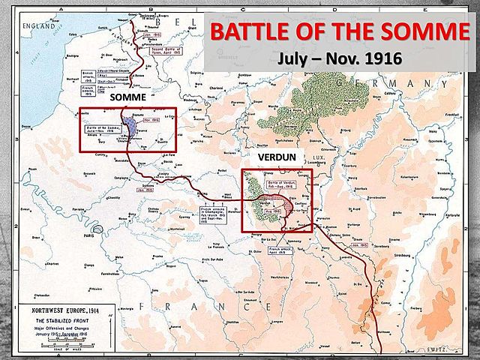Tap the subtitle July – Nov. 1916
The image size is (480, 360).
coord(339,58)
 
